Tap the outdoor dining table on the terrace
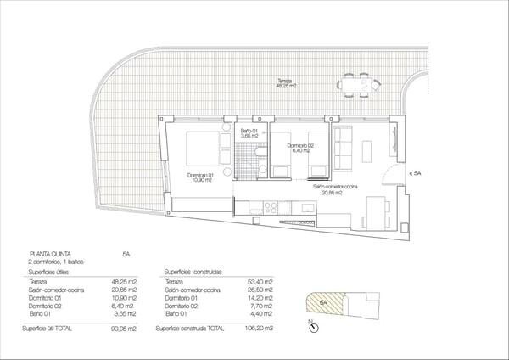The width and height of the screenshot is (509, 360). point(357,84)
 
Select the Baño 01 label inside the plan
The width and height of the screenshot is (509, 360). point(248,133)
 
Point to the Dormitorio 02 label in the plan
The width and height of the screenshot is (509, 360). point(301,148)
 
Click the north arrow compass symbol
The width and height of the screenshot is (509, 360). point(312,326)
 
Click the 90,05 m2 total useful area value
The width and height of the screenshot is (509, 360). point(125,328)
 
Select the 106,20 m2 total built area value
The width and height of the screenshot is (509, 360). point(264,328)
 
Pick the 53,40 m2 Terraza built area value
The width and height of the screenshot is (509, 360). point(265,282)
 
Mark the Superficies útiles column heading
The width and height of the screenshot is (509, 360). point(48,273)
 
